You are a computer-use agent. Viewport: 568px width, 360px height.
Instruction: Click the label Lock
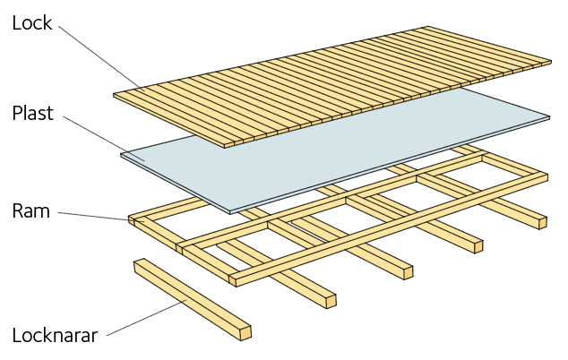click(x=32, y=22)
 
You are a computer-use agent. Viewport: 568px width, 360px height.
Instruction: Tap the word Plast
click(x=33, y=113)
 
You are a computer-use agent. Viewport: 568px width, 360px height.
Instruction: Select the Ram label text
click(x=31, y=210)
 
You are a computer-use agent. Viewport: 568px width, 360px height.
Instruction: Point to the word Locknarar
click(x=55, y=335)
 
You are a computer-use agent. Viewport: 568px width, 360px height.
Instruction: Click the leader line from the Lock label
click(x=102, y=59)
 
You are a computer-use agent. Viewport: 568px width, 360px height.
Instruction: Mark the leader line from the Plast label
click(x=104, y=139)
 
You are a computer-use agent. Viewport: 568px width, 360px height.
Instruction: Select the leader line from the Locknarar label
click(x=147, y=318)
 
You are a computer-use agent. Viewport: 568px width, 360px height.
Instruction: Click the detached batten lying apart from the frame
click(x=193, y=299)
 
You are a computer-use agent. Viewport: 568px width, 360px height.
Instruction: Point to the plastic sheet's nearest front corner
click(x=230, y=212)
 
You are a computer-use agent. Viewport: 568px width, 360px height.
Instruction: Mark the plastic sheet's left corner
click(x=121, y=154)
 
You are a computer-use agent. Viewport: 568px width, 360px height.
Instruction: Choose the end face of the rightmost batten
click(x=543, y=223)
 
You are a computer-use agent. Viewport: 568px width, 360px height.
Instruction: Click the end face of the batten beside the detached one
click(x=331, y=301)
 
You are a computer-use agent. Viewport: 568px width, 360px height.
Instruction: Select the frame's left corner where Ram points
click(x=129, y=219)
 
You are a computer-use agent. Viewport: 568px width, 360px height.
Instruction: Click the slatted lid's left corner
click(x=114, y=95)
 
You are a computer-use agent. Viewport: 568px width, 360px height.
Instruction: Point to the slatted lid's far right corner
click(x=551, y=62)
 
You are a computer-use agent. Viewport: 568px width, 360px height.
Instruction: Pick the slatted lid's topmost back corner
click(x=428, y=27)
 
